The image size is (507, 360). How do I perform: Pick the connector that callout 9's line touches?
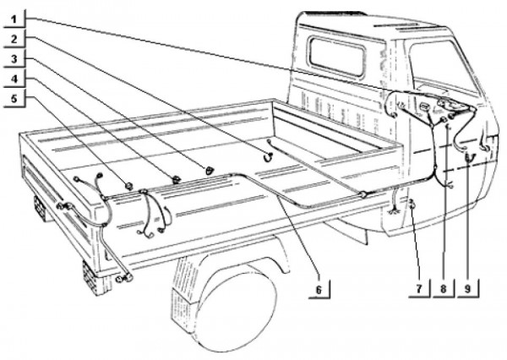click(x=470, y=156)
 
